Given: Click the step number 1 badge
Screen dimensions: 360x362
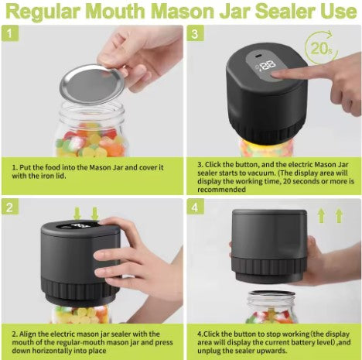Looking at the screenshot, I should click(9, 35).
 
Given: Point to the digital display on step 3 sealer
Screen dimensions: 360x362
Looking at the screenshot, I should click(268, 67).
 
